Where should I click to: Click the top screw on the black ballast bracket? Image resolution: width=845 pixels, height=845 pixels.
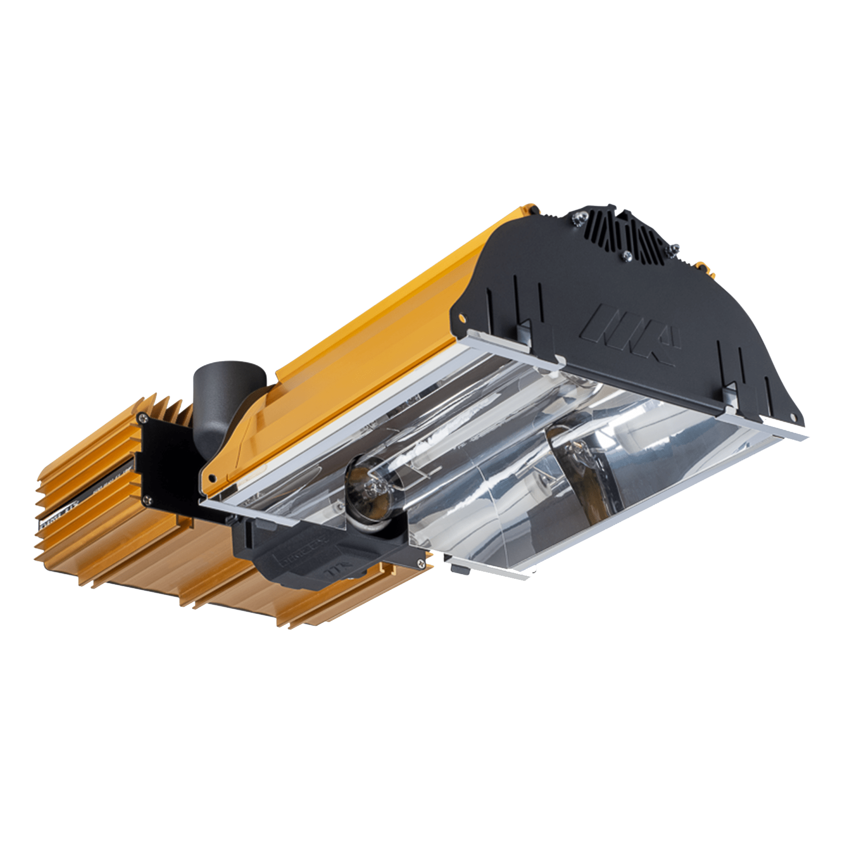tap(144, 416)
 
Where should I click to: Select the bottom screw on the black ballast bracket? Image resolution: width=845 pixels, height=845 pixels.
tap(147, 499)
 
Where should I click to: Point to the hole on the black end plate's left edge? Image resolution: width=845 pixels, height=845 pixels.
tap(462, 318)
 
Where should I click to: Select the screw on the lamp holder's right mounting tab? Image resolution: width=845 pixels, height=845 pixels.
tap(420, 564)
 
